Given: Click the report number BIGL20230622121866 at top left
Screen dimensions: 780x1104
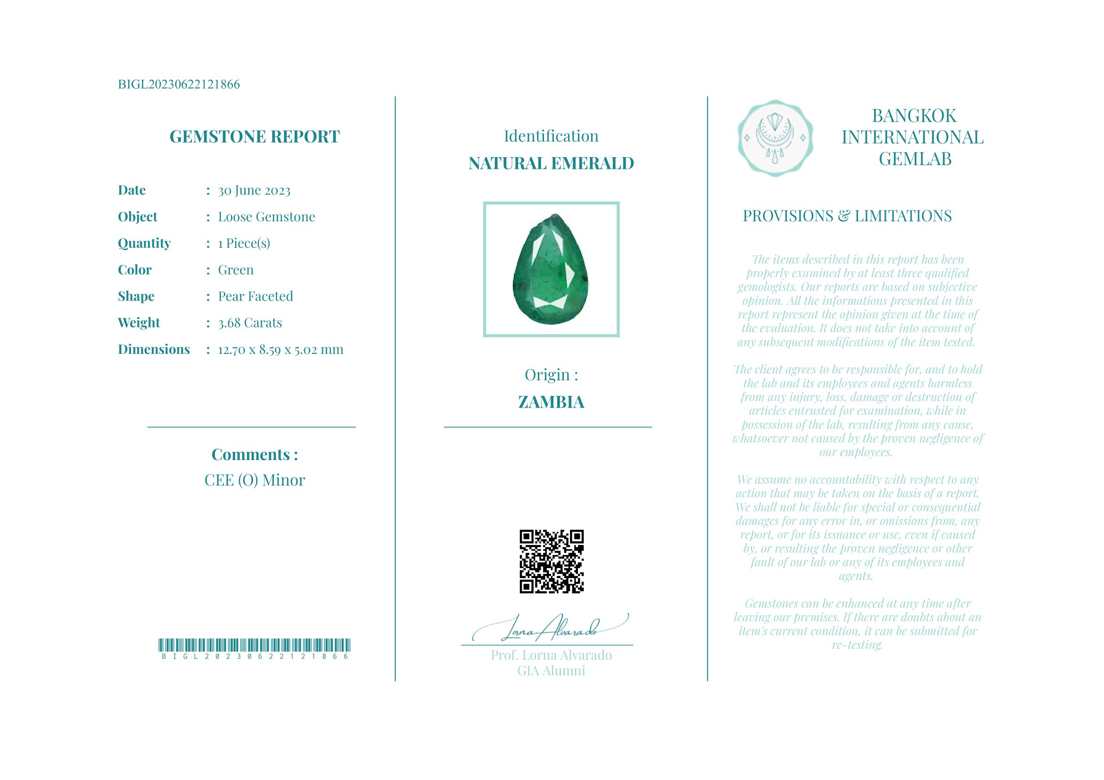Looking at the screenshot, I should pyautogui.click(x=178, y=84).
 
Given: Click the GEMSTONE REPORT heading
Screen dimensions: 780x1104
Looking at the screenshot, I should pyautogui.click(x=255, y=137).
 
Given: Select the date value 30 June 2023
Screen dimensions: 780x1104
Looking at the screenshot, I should pyautogui.click(x=254, y=191).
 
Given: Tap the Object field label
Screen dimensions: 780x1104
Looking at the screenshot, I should pyautogui.click(x=138, y=217).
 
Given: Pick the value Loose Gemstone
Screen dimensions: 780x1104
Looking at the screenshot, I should pyautogui.click(x=266, y=217).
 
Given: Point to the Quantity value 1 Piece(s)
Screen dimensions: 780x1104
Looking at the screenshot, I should pyautogui.click(x=244, y=243).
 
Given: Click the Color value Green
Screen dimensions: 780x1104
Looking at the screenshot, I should pyautogui.click(x=236, y=270).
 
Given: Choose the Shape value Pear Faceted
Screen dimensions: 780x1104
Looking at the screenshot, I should pyautogui.click(x=255, y=296).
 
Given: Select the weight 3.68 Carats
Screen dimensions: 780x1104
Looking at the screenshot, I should pyautogui.click(x=249, y=323).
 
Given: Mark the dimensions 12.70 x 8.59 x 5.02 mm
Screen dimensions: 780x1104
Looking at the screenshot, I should pyautogui.click(x=280, y=350).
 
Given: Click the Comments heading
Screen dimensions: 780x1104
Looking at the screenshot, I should pyautogui.click(x=255, y=455).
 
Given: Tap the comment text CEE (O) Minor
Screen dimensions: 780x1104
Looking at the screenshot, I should pyautogui.click(x=255, y=480).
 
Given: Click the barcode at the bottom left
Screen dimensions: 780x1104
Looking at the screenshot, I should pyautogui.click(x=255, y=645).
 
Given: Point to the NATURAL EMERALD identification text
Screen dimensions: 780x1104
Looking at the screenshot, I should pyautogui.click(x=551, y=164).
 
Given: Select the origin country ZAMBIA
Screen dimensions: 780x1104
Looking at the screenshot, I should pyautogui.click(x=551, y=403).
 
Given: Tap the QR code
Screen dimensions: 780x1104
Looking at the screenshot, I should pyautogui.click(x=552, y=562).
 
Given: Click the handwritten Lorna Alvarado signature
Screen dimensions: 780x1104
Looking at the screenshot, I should pyautogui.click(x=551, y=628).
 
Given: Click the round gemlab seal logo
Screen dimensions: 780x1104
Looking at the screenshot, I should pyautogui.click(x=774, y=138).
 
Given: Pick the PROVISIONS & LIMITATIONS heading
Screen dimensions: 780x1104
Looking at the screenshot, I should pyautogui.click(x=847, y=216).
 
